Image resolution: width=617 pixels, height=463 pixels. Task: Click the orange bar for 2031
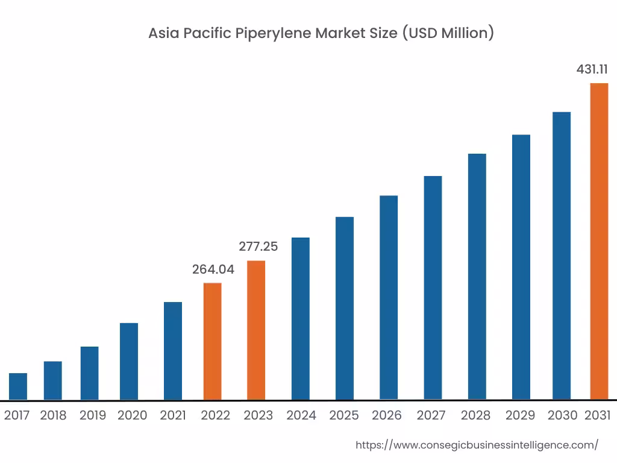click(x=599, y=241)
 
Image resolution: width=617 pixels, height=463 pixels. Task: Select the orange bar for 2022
click(x=212, y=341)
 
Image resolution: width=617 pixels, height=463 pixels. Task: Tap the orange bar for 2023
click(x=256, y=330)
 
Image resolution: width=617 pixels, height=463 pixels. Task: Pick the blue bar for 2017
click(x=18, y=386)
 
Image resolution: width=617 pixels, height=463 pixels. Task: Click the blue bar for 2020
click(x=129, y=361)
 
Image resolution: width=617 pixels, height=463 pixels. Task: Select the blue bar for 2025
click(x=345, y=308)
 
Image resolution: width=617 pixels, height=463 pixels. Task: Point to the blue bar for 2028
click(x=477, y=277)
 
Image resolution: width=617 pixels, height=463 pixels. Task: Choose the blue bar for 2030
click(x=562, y=256)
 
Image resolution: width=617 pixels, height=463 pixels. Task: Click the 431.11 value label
click(x=592, y=69)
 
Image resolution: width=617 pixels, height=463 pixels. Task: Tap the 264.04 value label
click(x=213, y=269)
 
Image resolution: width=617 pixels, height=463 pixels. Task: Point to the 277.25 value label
click(x=258, y=247)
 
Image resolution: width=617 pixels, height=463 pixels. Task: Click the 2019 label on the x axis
click(x=93, y=415)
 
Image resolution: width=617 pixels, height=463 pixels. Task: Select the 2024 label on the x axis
click(x=301, y=415)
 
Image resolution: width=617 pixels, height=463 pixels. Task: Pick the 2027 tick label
click(x=431, y=415)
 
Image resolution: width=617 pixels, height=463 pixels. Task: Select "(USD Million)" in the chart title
click(x=448, y=33)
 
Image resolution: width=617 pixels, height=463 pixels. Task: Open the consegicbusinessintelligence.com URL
click(x=477, y=445)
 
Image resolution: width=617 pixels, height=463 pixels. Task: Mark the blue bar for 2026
click(x=389, y=298)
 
